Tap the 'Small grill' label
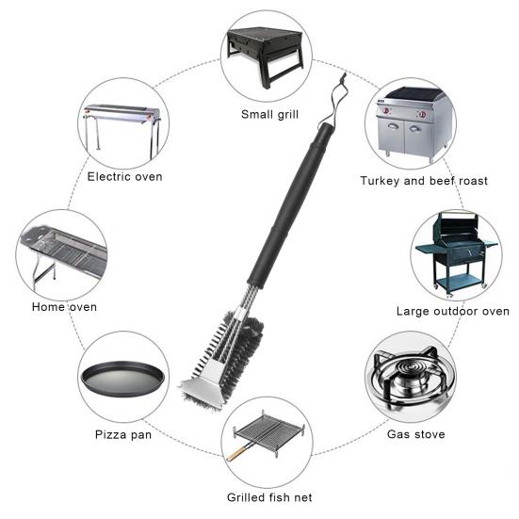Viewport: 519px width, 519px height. (x=269, y=115)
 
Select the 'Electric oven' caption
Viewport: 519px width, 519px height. (x=124, y=177)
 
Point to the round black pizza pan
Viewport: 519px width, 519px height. (x=122, y=379)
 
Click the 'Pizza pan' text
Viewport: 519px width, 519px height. (x=123, y=434)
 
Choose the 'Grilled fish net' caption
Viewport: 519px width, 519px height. (x=269, y=497)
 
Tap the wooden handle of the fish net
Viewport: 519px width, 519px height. (x=237, y=452)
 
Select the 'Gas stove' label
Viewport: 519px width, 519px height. (x=415, y=434)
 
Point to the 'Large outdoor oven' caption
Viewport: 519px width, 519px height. (x=453, y=311)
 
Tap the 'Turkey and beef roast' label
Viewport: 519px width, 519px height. (x=424, y=181)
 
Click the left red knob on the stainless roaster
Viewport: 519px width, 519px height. (x=386, y=110)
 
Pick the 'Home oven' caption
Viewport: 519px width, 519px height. (x=64, y=307)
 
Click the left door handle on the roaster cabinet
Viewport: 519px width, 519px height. (x=393, y=125)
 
